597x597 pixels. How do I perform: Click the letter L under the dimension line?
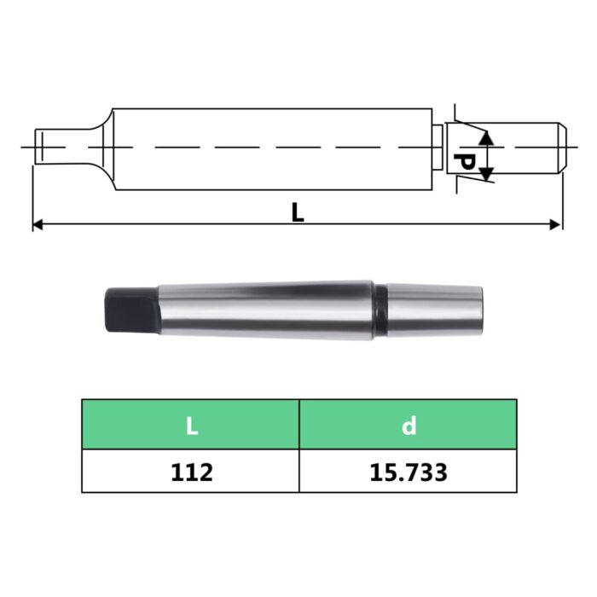[297, 211]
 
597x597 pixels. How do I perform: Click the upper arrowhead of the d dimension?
[485, 137]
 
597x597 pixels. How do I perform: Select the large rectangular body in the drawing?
[273, 148]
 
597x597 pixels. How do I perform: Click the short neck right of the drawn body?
[437, 148]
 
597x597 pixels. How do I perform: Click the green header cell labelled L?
[191, 425]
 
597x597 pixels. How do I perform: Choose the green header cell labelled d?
[408, 425]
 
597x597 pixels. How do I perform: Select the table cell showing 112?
[191, 471]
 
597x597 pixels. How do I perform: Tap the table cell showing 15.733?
[408, 471]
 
